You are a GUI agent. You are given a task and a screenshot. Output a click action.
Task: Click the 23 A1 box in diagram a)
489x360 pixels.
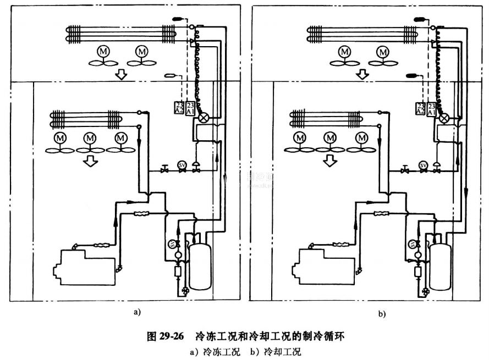[x=190, y=107]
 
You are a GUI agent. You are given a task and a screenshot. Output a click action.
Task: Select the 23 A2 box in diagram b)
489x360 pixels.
[x=420, y=108]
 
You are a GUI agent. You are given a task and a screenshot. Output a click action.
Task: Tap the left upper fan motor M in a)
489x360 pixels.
[x=103, y=51]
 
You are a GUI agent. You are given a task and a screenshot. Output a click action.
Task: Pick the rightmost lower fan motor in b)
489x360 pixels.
[x=362, y=137]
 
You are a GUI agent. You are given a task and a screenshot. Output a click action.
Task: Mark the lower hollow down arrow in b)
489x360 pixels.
[x=329, y=160]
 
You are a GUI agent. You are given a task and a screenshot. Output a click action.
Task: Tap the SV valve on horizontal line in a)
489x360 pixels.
[x=182, y=165]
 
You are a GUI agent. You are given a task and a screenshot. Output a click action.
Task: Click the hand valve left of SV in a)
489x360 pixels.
[x=164, y=170]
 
